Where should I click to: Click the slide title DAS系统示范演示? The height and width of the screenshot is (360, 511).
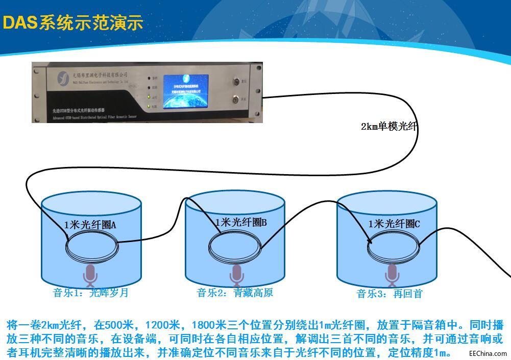(73, 23)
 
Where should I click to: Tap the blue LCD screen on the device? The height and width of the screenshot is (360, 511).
(186, 92)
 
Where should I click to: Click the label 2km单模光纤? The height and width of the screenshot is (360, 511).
(389, 127)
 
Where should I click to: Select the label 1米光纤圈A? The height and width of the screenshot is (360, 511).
(90, 225)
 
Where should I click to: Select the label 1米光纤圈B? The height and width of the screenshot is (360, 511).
(240, 222)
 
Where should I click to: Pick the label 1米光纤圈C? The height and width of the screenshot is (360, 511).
(394, 224)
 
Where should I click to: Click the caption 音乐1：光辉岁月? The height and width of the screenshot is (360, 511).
(90, 293)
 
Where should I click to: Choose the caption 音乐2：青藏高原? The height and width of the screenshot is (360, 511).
(235, 293)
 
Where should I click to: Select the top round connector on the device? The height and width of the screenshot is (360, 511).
(236, 81)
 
